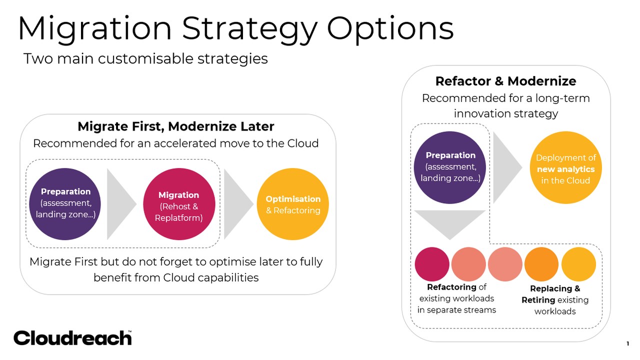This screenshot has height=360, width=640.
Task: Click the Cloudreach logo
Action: [x=72, y=337]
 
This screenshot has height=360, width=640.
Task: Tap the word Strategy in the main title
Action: [x=249, y=29]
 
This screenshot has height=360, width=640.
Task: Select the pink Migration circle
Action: [x=179, y=204]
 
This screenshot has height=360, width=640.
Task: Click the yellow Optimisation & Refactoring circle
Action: [x=293, y=204]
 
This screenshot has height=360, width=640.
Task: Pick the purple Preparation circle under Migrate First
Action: [x=65, y=204]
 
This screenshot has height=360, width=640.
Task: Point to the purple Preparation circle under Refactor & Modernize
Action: [x=450, y=167]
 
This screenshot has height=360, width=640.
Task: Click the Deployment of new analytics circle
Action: [x=565, y=167]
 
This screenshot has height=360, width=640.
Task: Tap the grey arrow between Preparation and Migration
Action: [x=121, y=204]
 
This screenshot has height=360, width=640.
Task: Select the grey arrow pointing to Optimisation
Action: [x=238, y=204]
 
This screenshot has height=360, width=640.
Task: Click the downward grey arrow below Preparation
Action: [x=450, y=224]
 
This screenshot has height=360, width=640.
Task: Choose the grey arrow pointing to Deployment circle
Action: [x=507, y=167]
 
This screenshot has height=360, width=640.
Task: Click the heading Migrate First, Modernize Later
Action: [x=176, y=126]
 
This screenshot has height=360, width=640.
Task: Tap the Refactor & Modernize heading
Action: [x=505, y=81]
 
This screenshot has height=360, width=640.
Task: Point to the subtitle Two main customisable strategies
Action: [x=145, y=58]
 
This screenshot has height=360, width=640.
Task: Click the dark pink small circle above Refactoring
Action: [x=432, y=264]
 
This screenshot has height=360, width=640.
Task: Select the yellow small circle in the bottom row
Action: [x=578, y=264]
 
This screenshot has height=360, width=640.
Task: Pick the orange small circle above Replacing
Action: [x=541, y=264]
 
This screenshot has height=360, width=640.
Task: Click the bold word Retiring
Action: [x=538, y=300]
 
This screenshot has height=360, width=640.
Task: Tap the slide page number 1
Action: [x=627, y=343]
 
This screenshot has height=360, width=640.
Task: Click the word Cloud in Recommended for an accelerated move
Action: [x=303, y=143]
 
